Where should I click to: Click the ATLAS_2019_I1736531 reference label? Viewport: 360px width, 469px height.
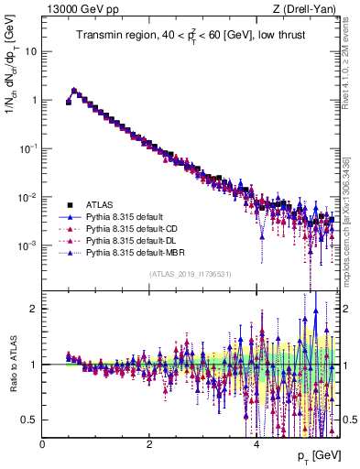pos(189,274)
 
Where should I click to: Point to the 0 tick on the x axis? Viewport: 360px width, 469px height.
pos(42,444)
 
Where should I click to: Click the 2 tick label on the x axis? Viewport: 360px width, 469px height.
pos(149,444)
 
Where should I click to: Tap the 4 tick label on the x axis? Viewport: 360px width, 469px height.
pos(256,444)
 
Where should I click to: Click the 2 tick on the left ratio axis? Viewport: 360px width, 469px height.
pos(35,309)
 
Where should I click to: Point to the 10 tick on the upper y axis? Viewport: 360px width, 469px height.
pos(31,51)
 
